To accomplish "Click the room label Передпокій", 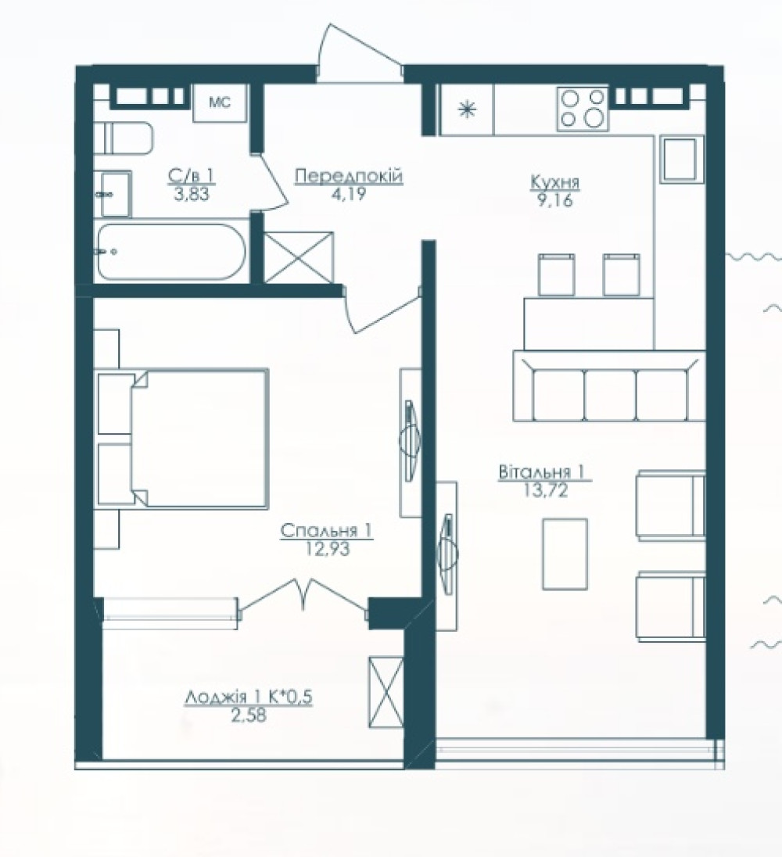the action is [349, 176].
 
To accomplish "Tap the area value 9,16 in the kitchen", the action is [554, 201].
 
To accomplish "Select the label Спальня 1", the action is [327, 530].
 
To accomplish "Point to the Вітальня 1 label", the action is [545, 472].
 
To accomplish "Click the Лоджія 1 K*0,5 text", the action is [249, 697].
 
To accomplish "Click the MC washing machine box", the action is [220, 102].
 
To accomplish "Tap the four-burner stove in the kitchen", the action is [583, 109].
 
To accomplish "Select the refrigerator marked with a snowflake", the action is [466, 109].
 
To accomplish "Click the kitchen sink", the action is [680, 159].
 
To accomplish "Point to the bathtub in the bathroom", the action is [171, 252].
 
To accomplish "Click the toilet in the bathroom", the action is [123, 139].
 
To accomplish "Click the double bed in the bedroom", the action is [183, 439].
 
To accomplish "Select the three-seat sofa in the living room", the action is [609, 386].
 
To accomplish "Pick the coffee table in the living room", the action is [565, 554].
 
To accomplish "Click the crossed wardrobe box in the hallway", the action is [299, 257].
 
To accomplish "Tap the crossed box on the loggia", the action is [386, 692].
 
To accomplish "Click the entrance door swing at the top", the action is [359, 53].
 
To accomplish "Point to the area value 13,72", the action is [546, 490].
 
